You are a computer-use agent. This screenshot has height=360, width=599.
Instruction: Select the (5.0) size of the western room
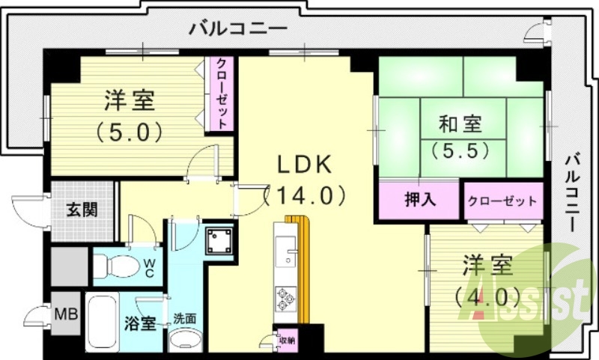(129, 132)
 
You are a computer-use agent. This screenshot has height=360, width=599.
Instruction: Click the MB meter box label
(67, 313)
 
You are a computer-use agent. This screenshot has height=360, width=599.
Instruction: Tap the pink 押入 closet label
(418, 200)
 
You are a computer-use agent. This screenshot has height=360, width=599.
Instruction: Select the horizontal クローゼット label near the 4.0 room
(502, 201)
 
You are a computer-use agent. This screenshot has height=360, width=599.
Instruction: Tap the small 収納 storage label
(287, 340)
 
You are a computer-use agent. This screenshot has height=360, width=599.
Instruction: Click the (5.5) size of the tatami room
(460, 150)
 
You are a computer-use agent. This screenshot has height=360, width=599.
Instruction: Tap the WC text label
(150, 268)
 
